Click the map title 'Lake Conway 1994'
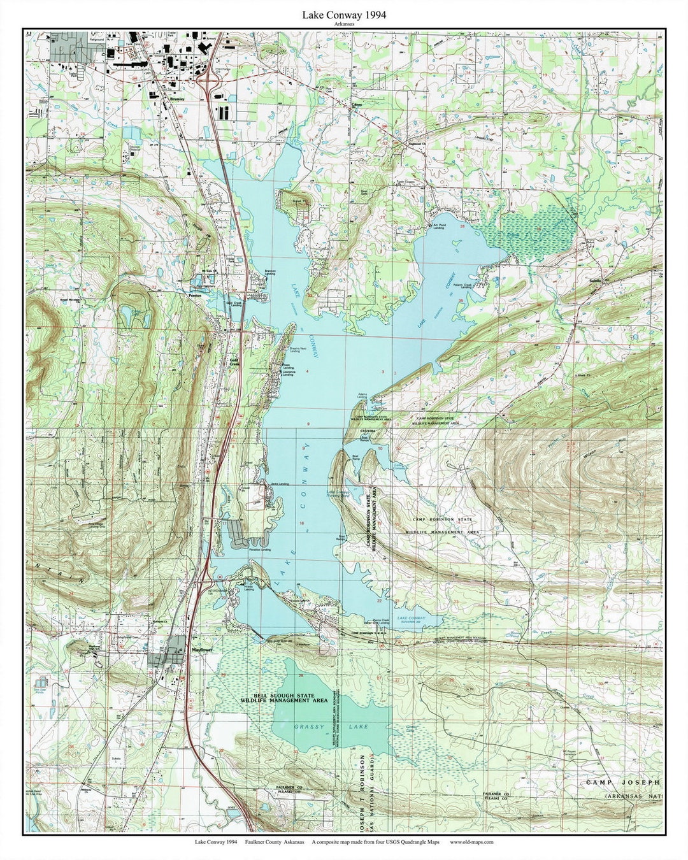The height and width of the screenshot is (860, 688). point(344,13)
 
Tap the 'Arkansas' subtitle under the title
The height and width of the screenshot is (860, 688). point(344,23)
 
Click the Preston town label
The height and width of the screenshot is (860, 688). point(194,296)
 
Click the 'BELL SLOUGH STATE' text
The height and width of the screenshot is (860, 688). point(283,693)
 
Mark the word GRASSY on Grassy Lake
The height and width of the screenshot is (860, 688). point(310,726)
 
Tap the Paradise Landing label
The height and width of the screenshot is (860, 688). point(261,549)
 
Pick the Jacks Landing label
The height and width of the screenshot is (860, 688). point(279,484)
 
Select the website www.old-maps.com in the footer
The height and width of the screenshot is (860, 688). point(471,842)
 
